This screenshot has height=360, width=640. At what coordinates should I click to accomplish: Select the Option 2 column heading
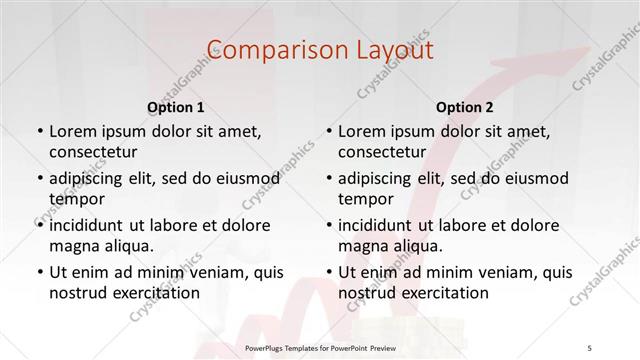[464, 106]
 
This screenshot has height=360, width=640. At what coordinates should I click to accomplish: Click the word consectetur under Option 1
[92, 151]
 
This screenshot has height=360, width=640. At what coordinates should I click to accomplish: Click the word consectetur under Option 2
[381, 151]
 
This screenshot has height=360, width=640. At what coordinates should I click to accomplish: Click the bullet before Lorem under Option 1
[39, 132]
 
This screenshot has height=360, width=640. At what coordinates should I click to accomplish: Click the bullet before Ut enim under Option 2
[328, 273]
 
